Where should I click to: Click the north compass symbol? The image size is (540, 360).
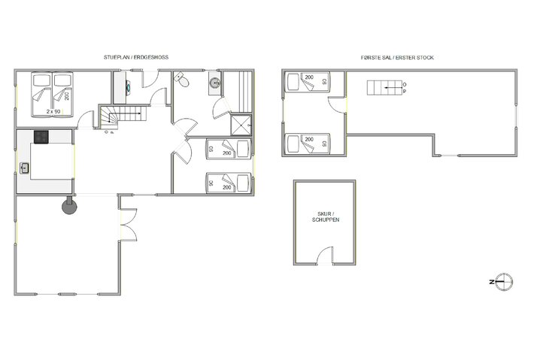tap(503, 281)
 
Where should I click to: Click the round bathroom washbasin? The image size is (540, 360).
tap(215, 83)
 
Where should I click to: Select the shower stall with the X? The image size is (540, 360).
tap(241, 125)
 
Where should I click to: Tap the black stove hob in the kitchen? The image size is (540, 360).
tap(41, 137)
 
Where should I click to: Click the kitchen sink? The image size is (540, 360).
tap(25, 169)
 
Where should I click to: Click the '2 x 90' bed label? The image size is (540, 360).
tap(53, 111)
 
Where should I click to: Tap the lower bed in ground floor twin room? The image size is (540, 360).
tap(228, 182)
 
